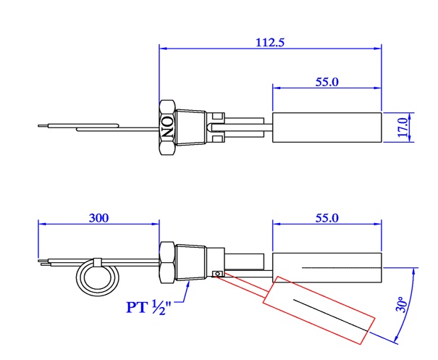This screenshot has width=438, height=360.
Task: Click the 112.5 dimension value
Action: (x=269, y=42)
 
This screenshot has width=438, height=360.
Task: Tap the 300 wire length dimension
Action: (x=98, y=217)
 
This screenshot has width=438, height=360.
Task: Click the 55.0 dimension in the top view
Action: (x=327, y=82)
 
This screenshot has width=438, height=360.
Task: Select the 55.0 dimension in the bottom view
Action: (x=327, y=217)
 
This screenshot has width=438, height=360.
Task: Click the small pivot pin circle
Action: (x=216, y=273)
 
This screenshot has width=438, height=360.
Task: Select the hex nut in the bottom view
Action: (x=167, y=262)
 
